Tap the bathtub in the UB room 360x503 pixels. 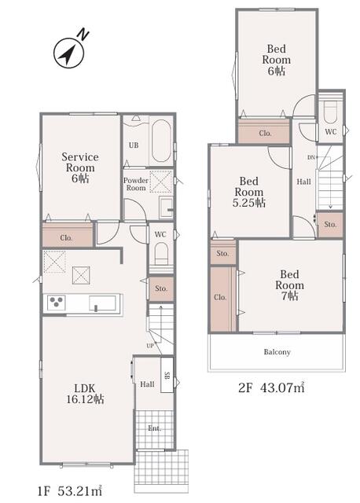click(161, 141)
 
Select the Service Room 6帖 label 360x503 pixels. click(80, 167)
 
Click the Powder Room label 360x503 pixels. click(136, 184)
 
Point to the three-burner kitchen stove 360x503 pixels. click(57, 303)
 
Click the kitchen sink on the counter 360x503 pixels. click(102, 303)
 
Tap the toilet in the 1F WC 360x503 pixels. click(161, 253)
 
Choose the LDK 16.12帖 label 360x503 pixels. click(85, 394)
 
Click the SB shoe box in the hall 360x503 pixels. click(167, 375)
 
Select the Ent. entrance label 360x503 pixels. click(155, 428)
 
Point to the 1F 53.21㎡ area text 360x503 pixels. click(70, 490)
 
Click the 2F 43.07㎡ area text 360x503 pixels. click(271, 387)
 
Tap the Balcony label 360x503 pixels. click(277, 352)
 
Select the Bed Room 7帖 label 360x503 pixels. click(289, 285)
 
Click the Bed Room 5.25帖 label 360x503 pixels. click(249, 192)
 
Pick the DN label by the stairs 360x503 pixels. click(311, 157)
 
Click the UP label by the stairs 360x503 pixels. click(150, 346)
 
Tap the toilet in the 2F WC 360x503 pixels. click(330, 112)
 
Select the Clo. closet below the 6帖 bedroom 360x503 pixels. click(265, 133)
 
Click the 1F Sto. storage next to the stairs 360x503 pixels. click(161, 288)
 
